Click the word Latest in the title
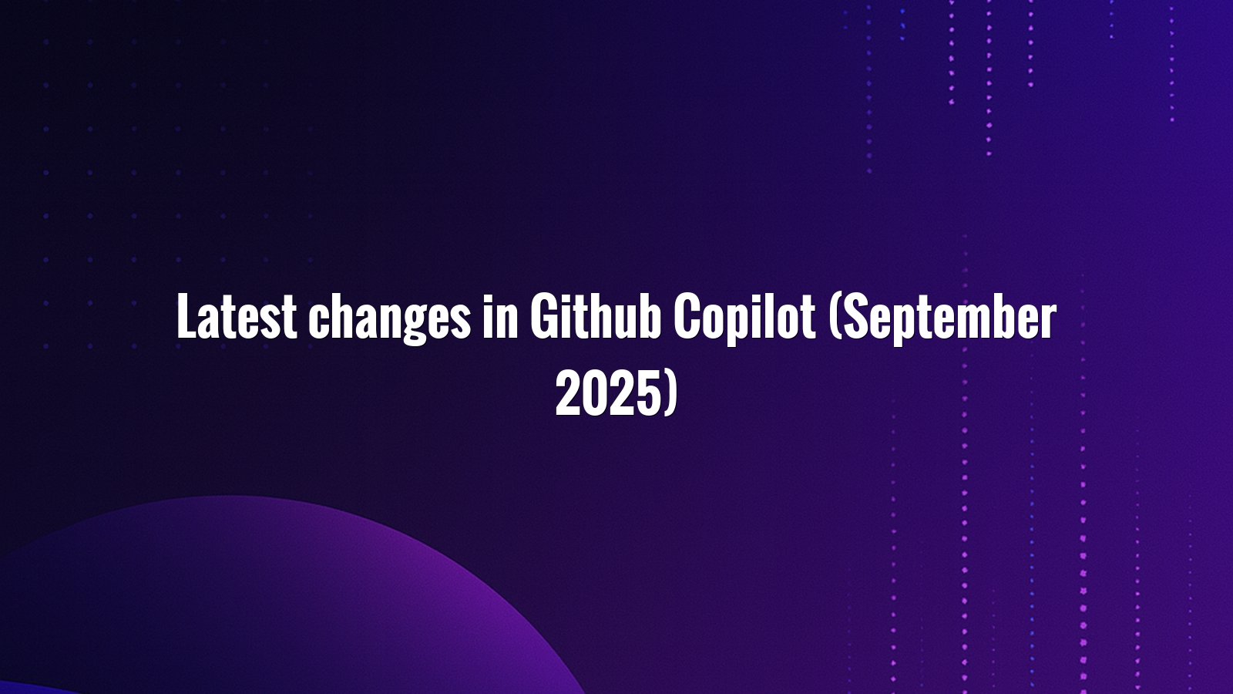coord(237,316)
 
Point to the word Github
coord(596,316)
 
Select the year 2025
coord(607,393)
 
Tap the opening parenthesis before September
coord(835,318)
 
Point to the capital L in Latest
coord(186,316)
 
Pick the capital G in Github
coord(543,316)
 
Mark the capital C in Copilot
coord(686,316)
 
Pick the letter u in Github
coord(625,322)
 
